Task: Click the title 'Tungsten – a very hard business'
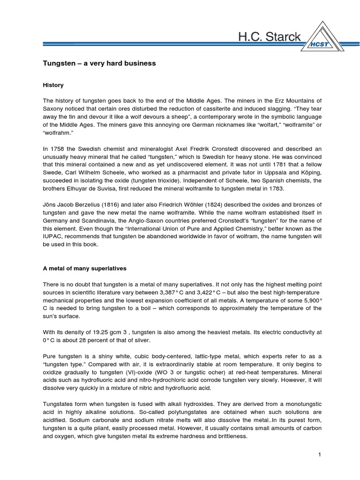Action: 99,63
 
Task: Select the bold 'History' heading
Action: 53,85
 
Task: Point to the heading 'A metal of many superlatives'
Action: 85,268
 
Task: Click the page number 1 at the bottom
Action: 319,455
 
